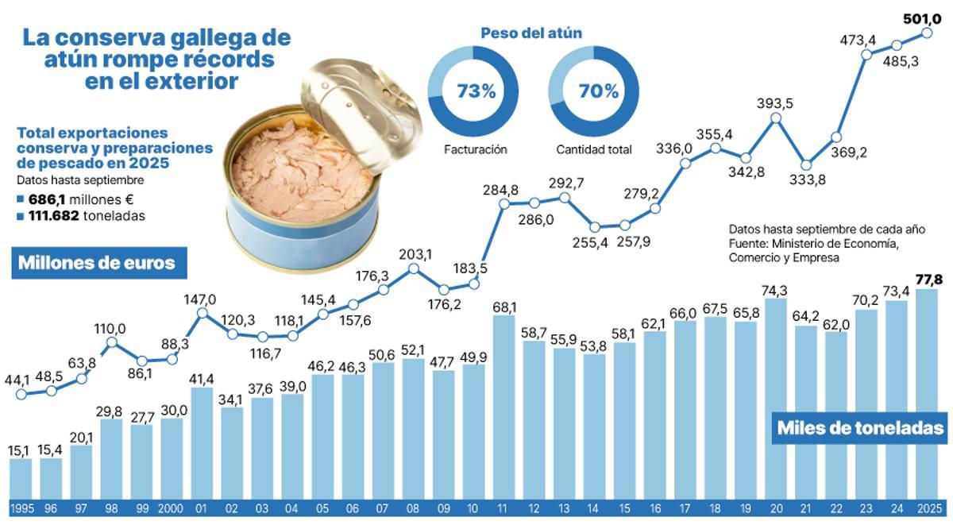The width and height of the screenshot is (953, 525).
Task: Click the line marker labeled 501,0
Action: click(x=927, y=33)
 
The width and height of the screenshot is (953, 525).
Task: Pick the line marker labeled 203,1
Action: click(x=414, y=269)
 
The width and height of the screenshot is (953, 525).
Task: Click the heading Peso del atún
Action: click(x=531, y=33)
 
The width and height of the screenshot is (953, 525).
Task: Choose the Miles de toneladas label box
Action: click(x=860, y=428)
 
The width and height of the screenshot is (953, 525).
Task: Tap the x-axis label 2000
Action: click(x=172, y=509)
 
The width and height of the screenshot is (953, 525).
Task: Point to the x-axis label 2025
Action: click(x=927, y=509)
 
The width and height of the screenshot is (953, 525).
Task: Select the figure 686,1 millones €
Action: click(x=75, y=199)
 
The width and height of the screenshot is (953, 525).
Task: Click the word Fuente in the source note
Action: click(x=747, y=243)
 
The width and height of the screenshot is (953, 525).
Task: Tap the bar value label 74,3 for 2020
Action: click(x=776, y=290)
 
